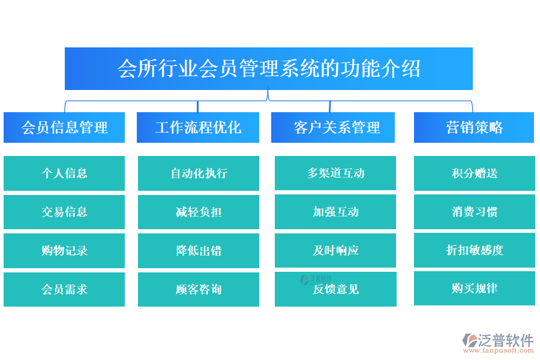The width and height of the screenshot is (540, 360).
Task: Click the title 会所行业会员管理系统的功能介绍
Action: tap(268, 68)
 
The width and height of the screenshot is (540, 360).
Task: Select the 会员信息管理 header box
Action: tap(64, 127)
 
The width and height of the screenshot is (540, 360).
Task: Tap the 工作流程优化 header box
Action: tap(198, 127)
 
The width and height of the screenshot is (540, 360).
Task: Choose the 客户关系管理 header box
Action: tap(333, 127)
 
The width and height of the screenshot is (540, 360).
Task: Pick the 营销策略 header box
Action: tap(474, 127)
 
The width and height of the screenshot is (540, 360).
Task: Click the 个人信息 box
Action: tap(64, 173)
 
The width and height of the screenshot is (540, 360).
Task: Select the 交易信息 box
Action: tap(64, 212)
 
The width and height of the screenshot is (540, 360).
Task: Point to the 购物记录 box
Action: tap(64, 250)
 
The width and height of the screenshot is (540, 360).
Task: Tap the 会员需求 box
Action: tap(64, 289)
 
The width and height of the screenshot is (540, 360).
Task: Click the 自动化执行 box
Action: tap(199, 173)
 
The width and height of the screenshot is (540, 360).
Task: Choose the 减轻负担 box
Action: tap(199, 212)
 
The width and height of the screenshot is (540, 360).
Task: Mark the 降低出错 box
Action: tap(199, 250)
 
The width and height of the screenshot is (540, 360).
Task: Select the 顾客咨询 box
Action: tap(199, 289)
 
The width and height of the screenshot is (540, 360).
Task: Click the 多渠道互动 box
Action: tap(335, 173)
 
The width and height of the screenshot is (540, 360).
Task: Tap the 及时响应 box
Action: tap(335, 250)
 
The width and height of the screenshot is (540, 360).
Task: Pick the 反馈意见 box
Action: tap(335, 289)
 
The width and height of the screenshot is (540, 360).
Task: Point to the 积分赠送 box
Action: tap(475, 173)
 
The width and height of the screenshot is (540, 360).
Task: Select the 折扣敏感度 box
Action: tap(475, 250)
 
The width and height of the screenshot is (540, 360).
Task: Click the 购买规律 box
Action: tap(475, 288)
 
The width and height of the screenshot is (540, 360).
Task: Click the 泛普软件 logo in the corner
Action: tap(498, 342)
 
